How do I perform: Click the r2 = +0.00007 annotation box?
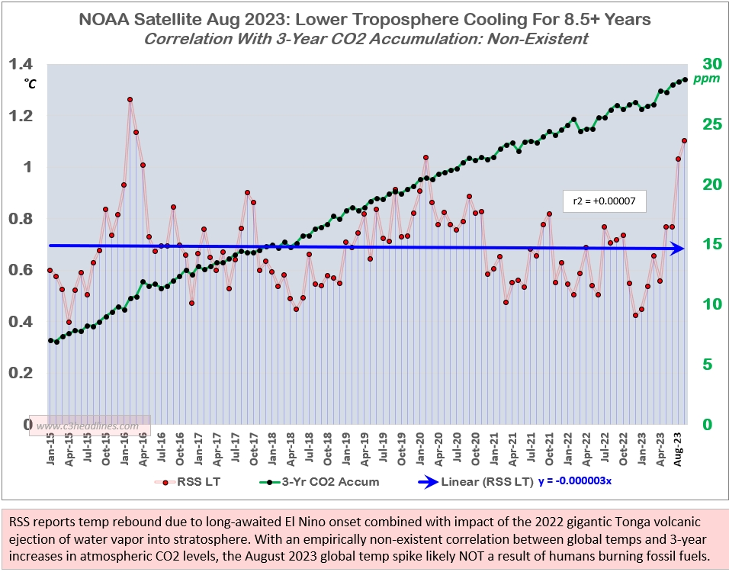pos(604,201)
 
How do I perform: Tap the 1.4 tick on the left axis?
pos(21,65)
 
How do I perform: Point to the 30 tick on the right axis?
pos(711,64)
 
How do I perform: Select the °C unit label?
pos(29,83)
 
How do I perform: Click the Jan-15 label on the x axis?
pos(50,450)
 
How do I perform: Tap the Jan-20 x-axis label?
pos(424,450)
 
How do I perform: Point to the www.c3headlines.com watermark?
pos(90,426)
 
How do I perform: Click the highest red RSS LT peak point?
pos(130,100)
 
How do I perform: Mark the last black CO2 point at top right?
pos(685,79)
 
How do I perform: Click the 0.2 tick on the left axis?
pos(21,373)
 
